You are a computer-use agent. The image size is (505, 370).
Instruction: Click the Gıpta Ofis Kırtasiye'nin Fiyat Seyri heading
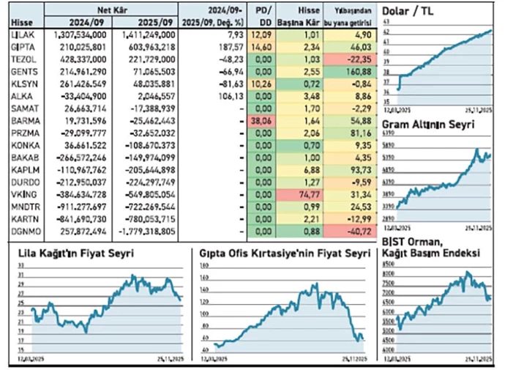pyautogui.click(x=280, y=253)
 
